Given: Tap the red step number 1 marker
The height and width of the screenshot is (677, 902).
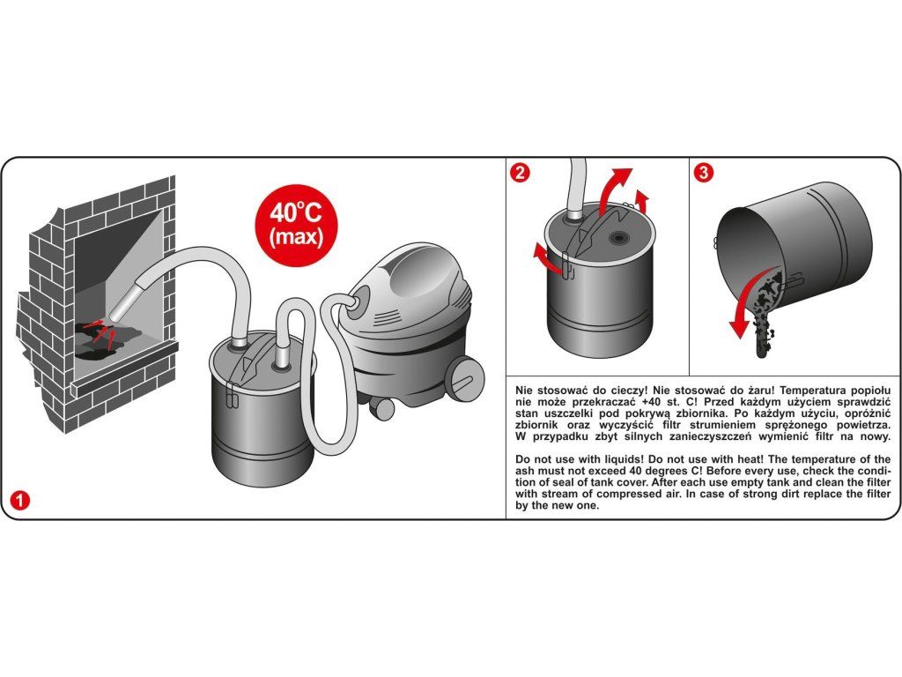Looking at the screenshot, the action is pyautogui.click(x=20, y=500).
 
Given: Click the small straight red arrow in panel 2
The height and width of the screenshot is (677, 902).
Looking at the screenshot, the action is pyautogui.click(x=643, y=198).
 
